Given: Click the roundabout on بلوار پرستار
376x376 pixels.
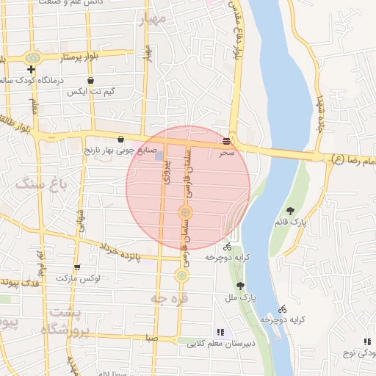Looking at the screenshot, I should coord(32,57).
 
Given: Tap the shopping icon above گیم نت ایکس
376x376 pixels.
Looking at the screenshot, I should coord(90,81).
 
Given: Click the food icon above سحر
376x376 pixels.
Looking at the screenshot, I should coord(226,140).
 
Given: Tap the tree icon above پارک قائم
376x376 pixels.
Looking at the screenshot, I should coord(291,211).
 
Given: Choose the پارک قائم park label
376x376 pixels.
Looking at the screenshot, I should coord(291,221).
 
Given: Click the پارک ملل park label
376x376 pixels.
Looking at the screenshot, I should coord(240,298).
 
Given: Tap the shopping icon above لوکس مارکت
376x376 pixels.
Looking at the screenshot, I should coord(77,267).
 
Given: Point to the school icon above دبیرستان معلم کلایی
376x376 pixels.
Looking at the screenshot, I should coord(220,332).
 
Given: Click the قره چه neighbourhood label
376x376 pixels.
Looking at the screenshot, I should coord(169,298).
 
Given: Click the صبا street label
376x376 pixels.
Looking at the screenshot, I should coord(151,339).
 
